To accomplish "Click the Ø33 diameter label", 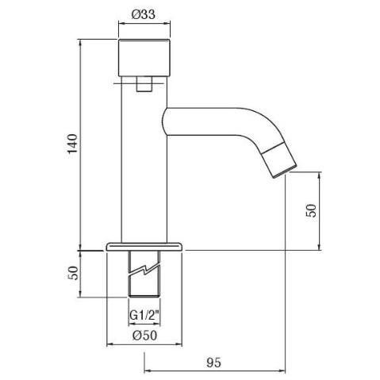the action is tap(144, 14).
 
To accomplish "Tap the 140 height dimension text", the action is tap(73, 144).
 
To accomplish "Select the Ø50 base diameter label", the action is tap(145, 336).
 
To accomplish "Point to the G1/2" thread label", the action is tap(144, 315).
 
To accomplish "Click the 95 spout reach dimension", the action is tap(213, 363).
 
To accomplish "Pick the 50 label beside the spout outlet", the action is tap(311, 210).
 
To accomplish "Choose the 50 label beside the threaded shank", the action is tap(73, 273).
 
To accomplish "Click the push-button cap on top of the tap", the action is tap(144, 57).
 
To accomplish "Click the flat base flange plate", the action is tap(144, 247).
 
